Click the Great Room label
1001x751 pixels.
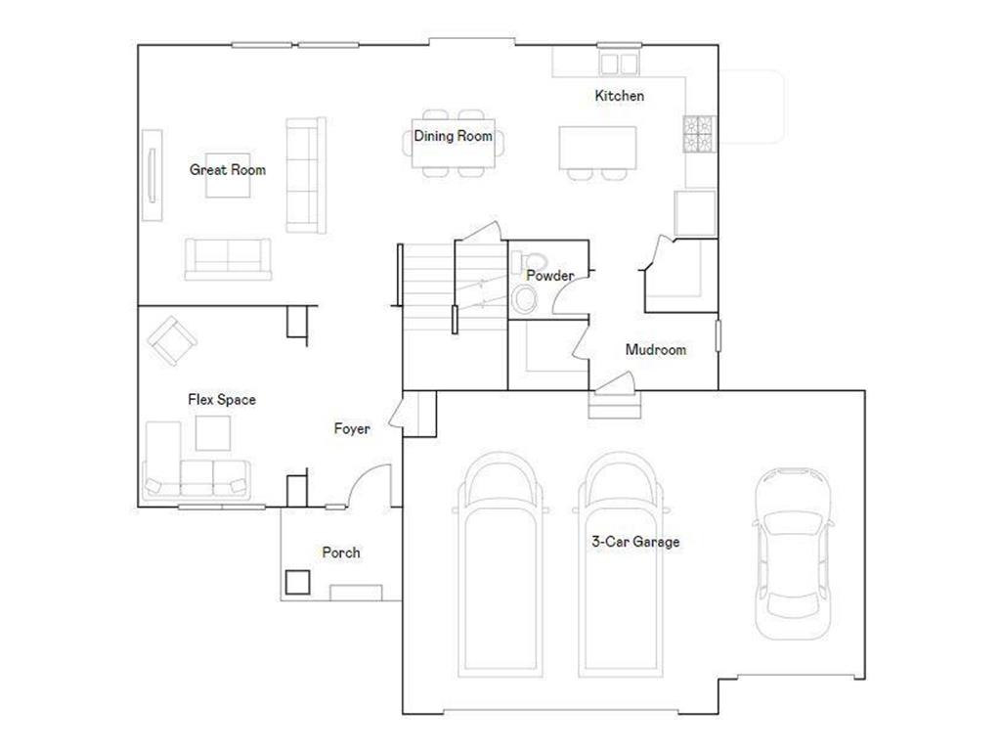point(227,170)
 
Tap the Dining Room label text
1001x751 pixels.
point(454,136)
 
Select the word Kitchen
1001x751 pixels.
point(619,96)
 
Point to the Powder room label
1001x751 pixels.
point(549,275)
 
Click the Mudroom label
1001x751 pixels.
point(656,349)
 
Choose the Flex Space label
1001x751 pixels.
point(222,400)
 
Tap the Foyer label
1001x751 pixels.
point(352,428)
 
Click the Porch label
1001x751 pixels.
point(341,552)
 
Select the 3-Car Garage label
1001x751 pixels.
point(635,542)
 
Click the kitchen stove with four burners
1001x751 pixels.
point(700,134)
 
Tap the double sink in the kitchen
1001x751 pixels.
point(619,64)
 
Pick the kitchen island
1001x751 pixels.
point(597,148)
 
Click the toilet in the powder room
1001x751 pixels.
point(529,262)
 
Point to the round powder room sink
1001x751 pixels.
point(525,299)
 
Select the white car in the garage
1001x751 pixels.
point(793,553)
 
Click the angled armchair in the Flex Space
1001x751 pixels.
point(172,340)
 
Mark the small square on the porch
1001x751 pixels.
point(297,582)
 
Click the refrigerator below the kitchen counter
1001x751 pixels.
point(695,212)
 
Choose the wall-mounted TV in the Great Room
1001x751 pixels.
point(152,176)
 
